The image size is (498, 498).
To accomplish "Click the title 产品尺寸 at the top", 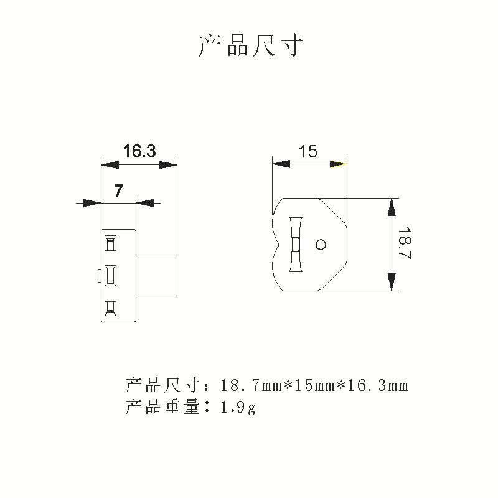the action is tap(251, 46).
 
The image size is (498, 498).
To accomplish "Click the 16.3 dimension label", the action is tap(139, 151).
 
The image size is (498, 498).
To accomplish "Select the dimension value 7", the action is tap(118, 191).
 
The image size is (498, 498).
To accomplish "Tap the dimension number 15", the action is tap(308, 151).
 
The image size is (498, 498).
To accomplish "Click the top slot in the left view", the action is tap(111, 243).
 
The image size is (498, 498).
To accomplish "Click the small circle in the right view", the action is tap(321, 244).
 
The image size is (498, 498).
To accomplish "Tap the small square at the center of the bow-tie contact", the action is tap(296, 244).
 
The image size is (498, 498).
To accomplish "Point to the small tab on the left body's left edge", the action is tap(100, 275).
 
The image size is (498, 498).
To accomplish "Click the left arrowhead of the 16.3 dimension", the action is tap(110, 164).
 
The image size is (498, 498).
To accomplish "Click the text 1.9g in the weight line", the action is tap(238, 408).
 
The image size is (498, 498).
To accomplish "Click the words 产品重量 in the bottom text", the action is tap(162, 408).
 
